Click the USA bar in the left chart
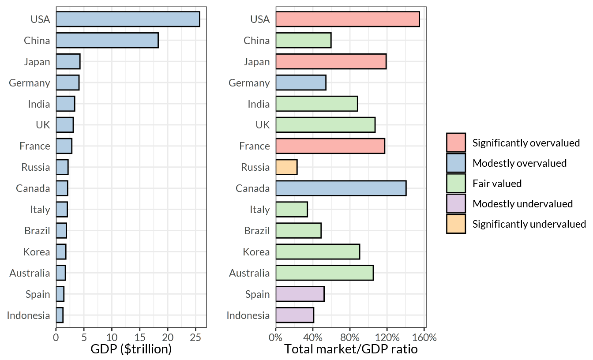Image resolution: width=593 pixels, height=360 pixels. [x=128, y=19]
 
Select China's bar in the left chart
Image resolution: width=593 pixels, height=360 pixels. [x=107, y=41]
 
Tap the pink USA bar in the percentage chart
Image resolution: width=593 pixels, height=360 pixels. [x=347, y=19]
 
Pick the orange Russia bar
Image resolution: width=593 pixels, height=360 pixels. [x=286, y=167]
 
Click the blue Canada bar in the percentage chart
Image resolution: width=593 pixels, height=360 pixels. [x=341, y=188]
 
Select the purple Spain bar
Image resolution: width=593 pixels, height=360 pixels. [x=300, y=294]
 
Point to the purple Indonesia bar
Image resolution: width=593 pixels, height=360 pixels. [x=294, y=315]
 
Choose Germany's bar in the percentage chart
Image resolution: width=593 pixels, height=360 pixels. [x=300, y=83]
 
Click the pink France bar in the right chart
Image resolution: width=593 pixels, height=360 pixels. [x=330, y=146]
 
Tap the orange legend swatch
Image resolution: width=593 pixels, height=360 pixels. [x=456, y=224]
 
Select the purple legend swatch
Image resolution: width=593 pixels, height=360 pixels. [x=456, y=203]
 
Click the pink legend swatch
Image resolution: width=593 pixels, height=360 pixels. [x=456, y=142]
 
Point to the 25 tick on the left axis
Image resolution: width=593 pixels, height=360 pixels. [x=195, y=338]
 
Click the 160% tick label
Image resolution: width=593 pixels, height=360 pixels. [x=424, y=338]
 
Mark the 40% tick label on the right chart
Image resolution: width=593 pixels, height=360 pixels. [x=313, y=338]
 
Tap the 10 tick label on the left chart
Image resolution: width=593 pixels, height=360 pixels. [x=112, y=338]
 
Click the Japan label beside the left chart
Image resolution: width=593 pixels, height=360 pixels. [x=37, y=62]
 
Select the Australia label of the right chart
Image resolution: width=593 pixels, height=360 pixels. [x=249, y=273]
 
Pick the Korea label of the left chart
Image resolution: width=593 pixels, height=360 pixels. [x=37, y=252]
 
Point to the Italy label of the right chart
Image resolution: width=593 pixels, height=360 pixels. [x=260, y=210]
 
